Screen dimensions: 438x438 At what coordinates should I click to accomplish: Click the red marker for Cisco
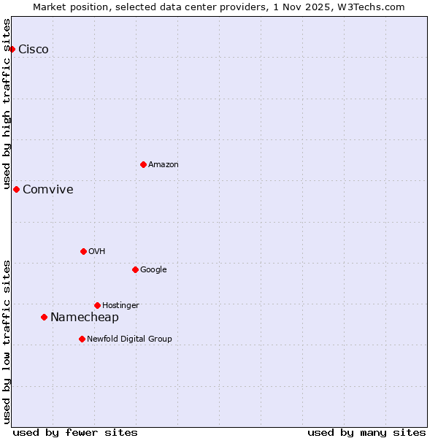pyautogui.click(x=12, y=49)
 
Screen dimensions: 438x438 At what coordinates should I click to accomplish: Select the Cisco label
pyautogui.click(x=34, y=50)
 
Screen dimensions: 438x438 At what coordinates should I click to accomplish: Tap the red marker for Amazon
pyautogui.click(x=143, y=164)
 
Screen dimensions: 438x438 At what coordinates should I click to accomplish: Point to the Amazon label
pyautogui.click(x=164, y=165)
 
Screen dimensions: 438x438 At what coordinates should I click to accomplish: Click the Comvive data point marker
pyautogui.click(x=16, y=189)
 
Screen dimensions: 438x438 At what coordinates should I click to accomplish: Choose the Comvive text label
pyautogui.click(x=48, y=190)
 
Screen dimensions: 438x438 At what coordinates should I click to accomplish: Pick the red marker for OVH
pyautogui.click(x=83, y=251)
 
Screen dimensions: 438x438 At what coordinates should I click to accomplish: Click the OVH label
pyautogui.click(x=97, y=252)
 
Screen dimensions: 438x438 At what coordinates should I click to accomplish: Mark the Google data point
pyautogui.click(x=135, y=269)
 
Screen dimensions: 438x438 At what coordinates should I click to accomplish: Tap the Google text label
pyautogui.click(x=153, y=270)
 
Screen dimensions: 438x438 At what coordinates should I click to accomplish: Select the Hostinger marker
pyautogui.click(x=97, y=305)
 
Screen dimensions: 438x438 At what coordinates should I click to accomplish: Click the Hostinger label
pyautogui.click(x=120, y=306)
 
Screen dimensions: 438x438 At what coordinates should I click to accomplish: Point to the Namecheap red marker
pyautogui.click(x=44, y=317)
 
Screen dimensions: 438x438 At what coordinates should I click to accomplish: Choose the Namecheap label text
pyautogui.click(x=85, y=318)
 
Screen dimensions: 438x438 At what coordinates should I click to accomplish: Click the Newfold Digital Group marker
pyautogui.click(x=82, y=339)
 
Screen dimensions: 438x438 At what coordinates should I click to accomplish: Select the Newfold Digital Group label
pyautogui.click(x=129, y=339)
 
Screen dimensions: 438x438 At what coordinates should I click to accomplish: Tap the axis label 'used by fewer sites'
pyautogui.click(x=75, y=433)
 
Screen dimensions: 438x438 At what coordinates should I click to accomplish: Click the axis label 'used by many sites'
pyautogui.click(x=366, y=433)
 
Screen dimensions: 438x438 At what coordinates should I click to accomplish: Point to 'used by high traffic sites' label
pyautogui.click(x=7, y=104)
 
